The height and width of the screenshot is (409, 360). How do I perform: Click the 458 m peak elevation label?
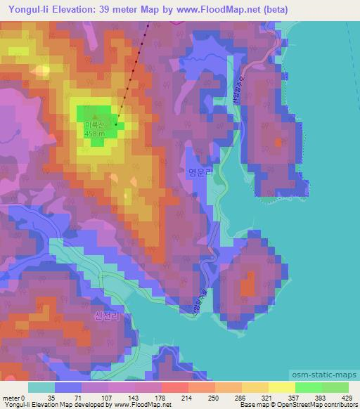[x=94, y=134]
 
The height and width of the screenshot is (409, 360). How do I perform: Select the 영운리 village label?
[x=200, y=171]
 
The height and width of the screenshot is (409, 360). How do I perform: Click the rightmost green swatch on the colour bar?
[x=335, y=387]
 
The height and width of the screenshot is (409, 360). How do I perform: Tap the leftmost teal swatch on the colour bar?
[x=41, y=387]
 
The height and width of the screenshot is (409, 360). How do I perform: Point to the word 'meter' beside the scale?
[x=11, y=398]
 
